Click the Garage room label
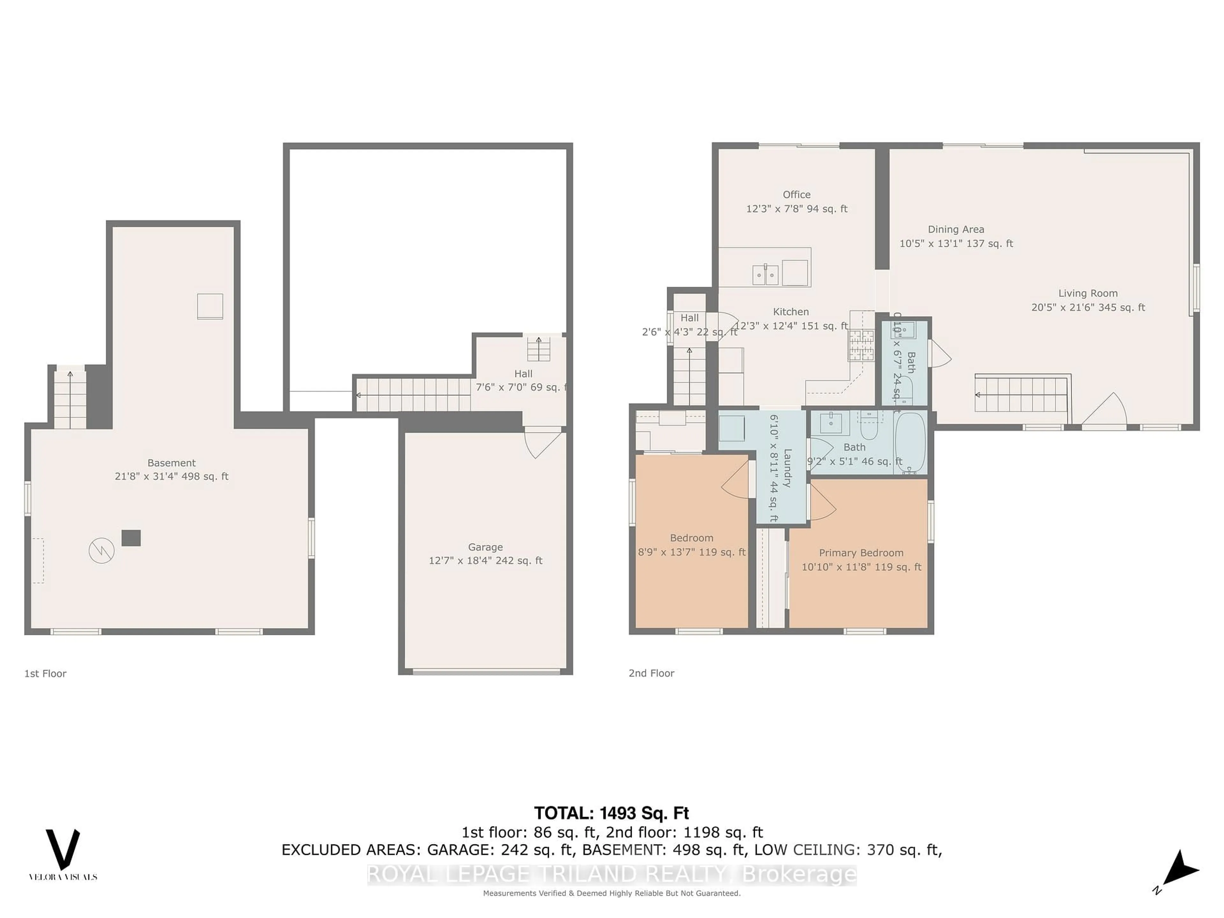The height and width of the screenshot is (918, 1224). tap(485, 547)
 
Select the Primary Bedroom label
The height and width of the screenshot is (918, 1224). tap(861, 553)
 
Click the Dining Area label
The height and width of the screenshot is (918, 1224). tap(956, 229)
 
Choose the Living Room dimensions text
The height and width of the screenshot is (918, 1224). tap(1088, 307)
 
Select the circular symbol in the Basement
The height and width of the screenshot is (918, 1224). tap(102, 550)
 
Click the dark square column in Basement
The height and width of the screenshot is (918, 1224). tap(131, 538)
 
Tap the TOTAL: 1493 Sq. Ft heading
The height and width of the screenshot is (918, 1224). tap(611, 813)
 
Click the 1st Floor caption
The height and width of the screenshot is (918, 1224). tap(45, 674)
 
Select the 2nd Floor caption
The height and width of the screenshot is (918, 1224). tap(651, 673)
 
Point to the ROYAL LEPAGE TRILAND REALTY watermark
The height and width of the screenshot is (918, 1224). tap(611, 874)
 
